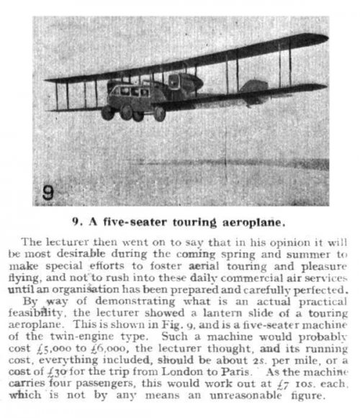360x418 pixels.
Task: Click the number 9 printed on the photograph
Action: pos(45,192)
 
